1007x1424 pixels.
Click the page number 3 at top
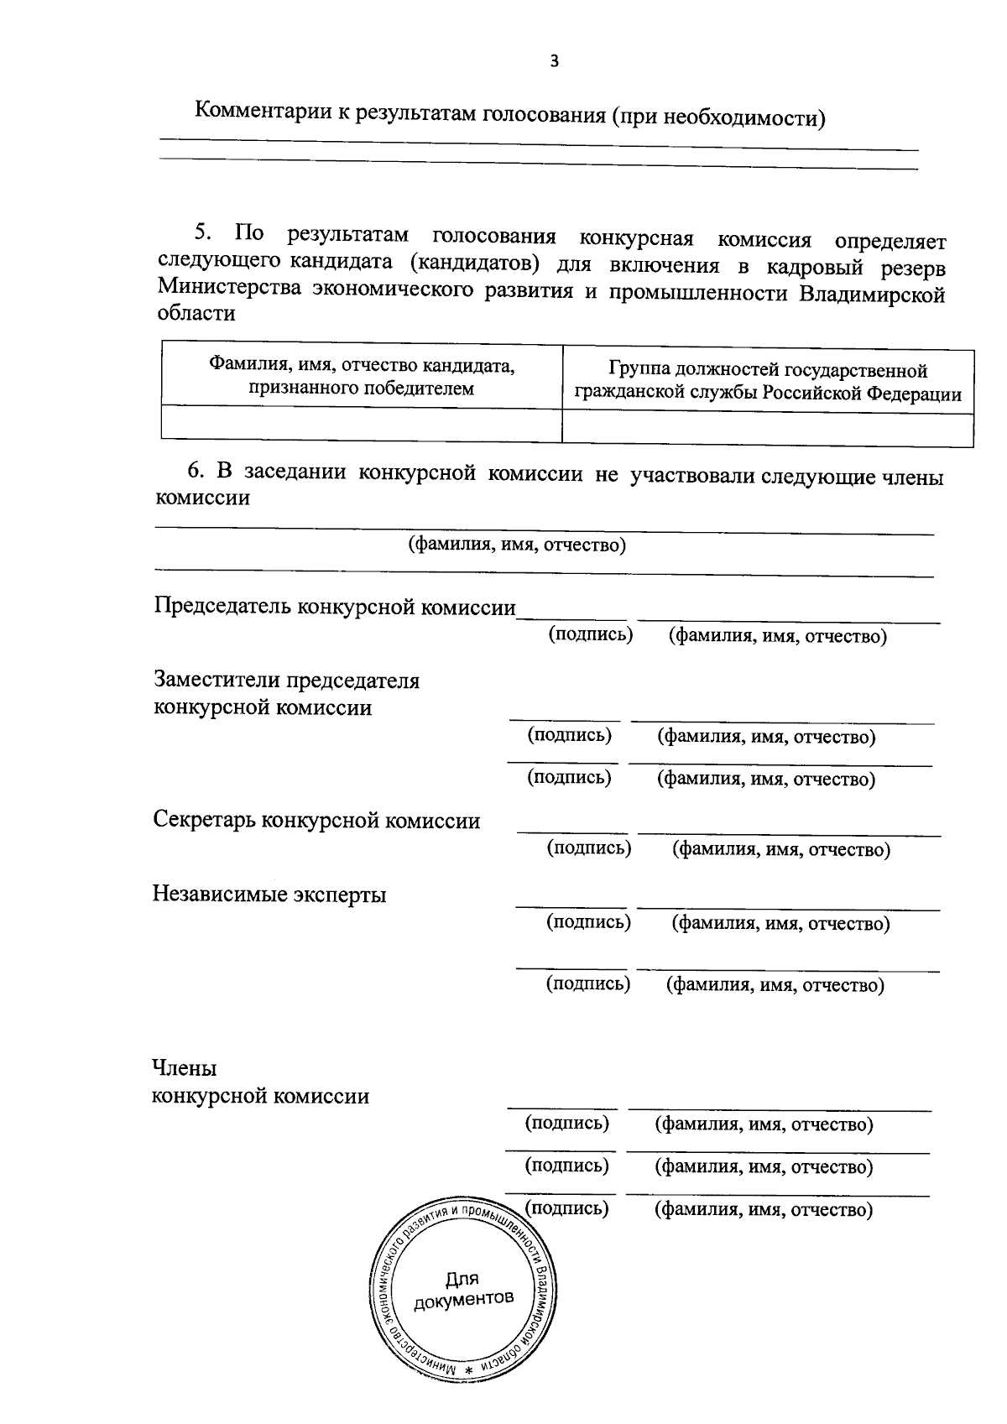tap(553, 60)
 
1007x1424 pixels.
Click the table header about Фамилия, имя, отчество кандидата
tap(362, 377)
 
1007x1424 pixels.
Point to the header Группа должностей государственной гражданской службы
tap(768, 382)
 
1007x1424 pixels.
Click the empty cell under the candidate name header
tap(362, 423)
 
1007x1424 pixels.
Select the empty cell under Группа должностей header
tap(768, 428)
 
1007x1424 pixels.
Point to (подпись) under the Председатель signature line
tap(590, 634)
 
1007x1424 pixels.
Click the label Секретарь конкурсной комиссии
tap(316, 820)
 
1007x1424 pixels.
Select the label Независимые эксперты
tap(269, 894)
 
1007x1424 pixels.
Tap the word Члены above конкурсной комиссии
tap(184, 1068)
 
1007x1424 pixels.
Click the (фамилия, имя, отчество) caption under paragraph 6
tap(517, 545)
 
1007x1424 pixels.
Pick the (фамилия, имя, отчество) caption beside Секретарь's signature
tap(780, 850)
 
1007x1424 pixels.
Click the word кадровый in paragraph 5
tap(796, 268)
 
